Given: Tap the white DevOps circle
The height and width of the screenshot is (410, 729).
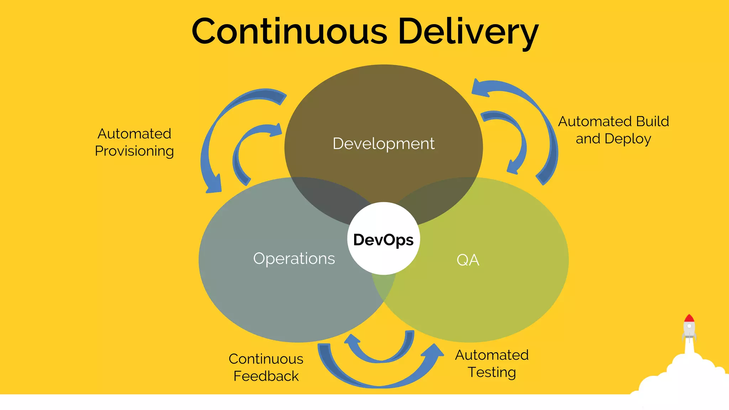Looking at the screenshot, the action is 383,239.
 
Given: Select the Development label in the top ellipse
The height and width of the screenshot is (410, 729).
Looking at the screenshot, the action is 383,144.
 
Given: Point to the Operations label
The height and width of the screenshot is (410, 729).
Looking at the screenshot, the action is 294,259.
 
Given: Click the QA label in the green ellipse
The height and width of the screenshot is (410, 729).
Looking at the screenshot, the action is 468,260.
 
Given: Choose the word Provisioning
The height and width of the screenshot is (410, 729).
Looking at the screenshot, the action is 134,151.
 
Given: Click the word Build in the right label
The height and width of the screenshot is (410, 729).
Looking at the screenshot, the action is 652,122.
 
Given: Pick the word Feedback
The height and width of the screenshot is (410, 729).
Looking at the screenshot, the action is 266,376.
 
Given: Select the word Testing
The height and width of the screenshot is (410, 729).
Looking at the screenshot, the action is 492,372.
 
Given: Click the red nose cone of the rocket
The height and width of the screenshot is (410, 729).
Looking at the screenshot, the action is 689,319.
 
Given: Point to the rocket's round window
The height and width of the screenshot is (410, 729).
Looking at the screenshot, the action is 689,326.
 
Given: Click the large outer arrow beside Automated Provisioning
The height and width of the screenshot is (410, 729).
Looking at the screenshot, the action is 214,135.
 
